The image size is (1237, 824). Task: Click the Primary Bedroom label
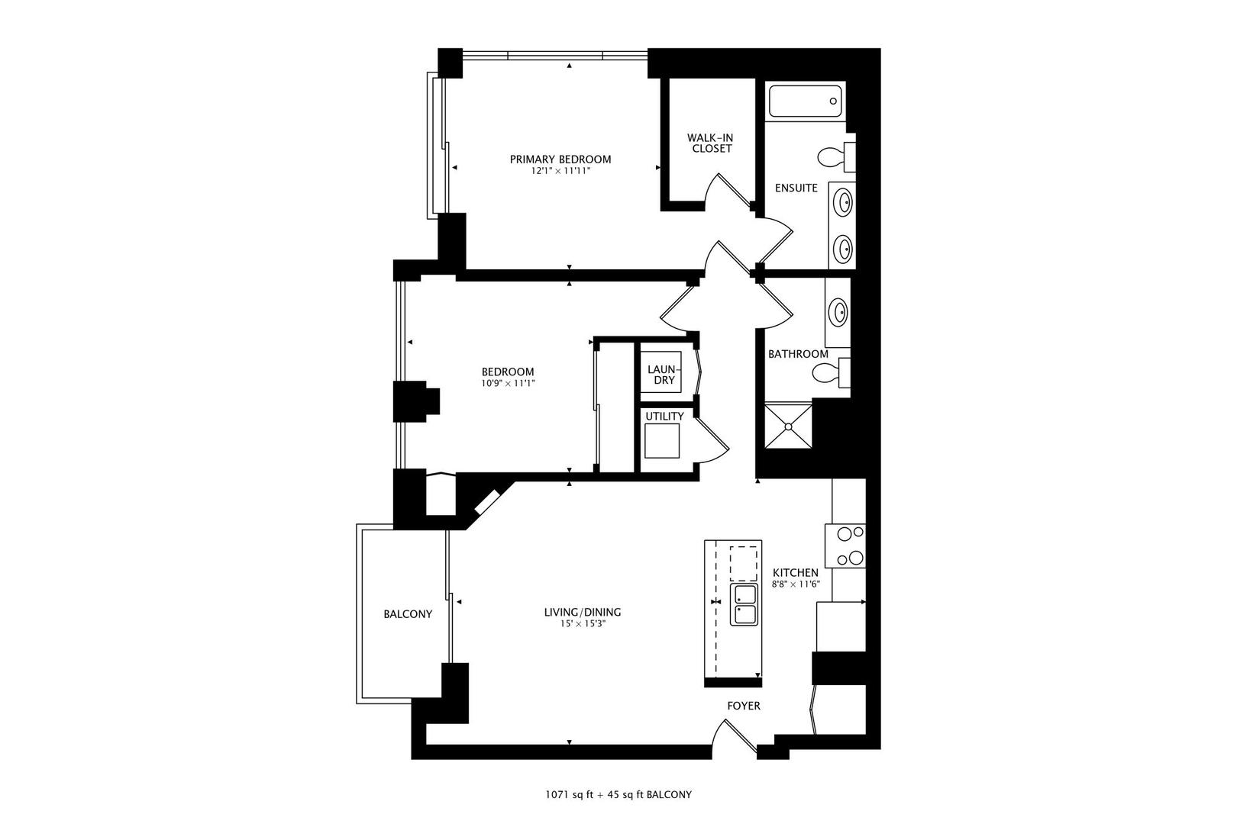tap(560, 159)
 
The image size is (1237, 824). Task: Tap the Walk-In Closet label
tap(712, 143)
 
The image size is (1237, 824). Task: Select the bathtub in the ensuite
tap(805, 101)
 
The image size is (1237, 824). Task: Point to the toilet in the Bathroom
tap(831, 372)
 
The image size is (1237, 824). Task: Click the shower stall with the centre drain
tap(789, 426)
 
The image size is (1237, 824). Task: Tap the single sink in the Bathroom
tap(839, 312)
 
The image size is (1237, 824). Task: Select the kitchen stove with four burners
tap(845, 546)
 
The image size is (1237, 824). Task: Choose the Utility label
tap(664, 417)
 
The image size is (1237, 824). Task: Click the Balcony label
tap(408, 614)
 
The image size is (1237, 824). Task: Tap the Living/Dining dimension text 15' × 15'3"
tap(583, 623)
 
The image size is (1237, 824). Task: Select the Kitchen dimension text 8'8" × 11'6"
tap(795, 584)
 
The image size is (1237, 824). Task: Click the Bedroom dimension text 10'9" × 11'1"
tap(508, 382)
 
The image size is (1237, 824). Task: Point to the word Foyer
tap(743, 706)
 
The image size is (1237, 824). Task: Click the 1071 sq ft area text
tap(569, 795)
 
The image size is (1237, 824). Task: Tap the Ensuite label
tap(796, 188)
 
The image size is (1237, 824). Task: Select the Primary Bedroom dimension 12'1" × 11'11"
tap(560, 172)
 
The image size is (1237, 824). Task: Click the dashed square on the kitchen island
tap(743, 564)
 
